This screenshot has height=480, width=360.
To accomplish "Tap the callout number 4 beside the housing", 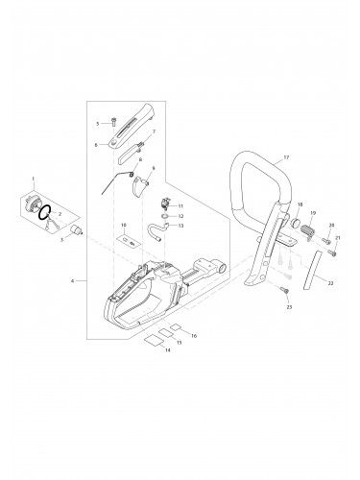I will tap(73, 281).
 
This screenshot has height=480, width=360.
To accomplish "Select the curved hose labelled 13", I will tap(156, 231).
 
